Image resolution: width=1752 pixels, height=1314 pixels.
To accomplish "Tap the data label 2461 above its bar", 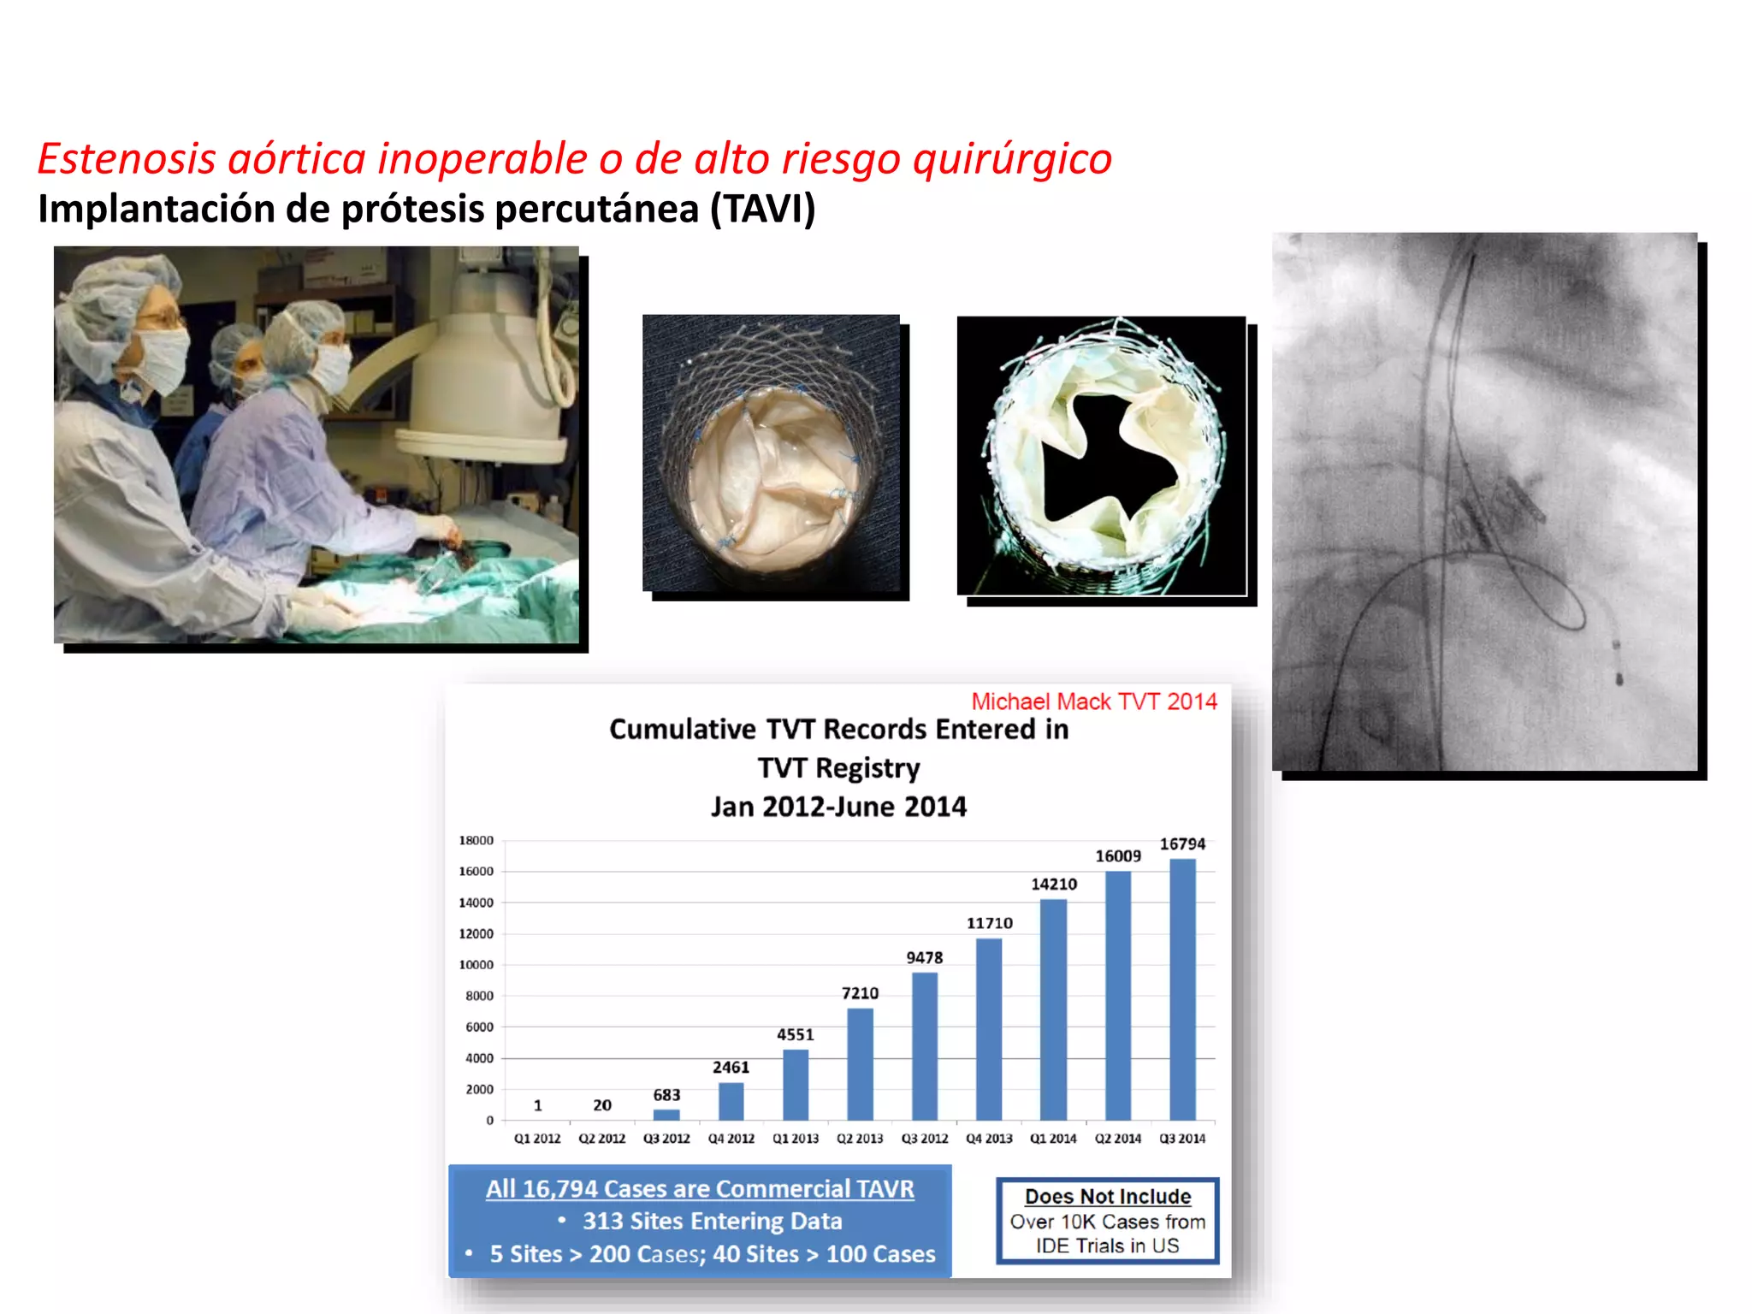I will click(731, 1067).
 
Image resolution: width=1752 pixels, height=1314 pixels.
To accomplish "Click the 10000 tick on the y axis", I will click(476, 965).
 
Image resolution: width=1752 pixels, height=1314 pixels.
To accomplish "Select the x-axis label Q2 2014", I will click(1118, 1139).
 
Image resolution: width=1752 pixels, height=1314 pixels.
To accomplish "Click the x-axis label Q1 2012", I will click(537, 1139).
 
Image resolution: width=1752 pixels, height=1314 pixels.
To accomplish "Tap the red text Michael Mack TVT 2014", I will click(1093, 701).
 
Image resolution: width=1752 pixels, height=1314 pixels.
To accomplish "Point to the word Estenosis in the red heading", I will click(127, 159).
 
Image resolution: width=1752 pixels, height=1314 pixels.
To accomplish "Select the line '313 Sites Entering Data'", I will click(712, 1221).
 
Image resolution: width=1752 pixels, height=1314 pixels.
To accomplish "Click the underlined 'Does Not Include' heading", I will click(1108, 1196).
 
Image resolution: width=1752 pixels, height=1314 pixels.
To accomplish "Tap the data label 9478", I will click(925, 958).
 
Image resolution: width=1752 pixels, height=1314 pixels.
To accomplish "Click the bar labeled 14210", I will click(1054, 1009).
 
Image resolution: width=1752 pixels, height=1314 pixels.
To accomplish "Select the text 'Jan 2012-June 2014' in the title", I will click(838, 807).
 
